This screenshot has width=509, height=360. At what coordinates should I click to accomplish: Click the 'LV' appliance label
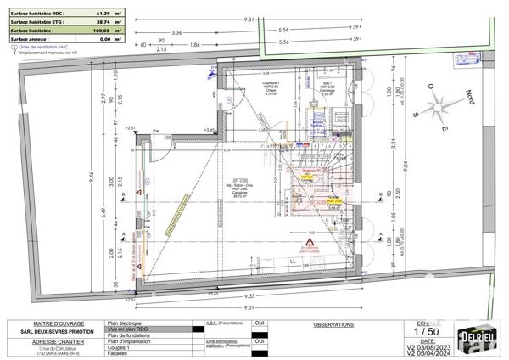pos(347,227)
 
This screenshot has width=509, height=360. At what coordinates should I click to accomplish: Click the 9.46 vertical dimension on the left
pos(18,182)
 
